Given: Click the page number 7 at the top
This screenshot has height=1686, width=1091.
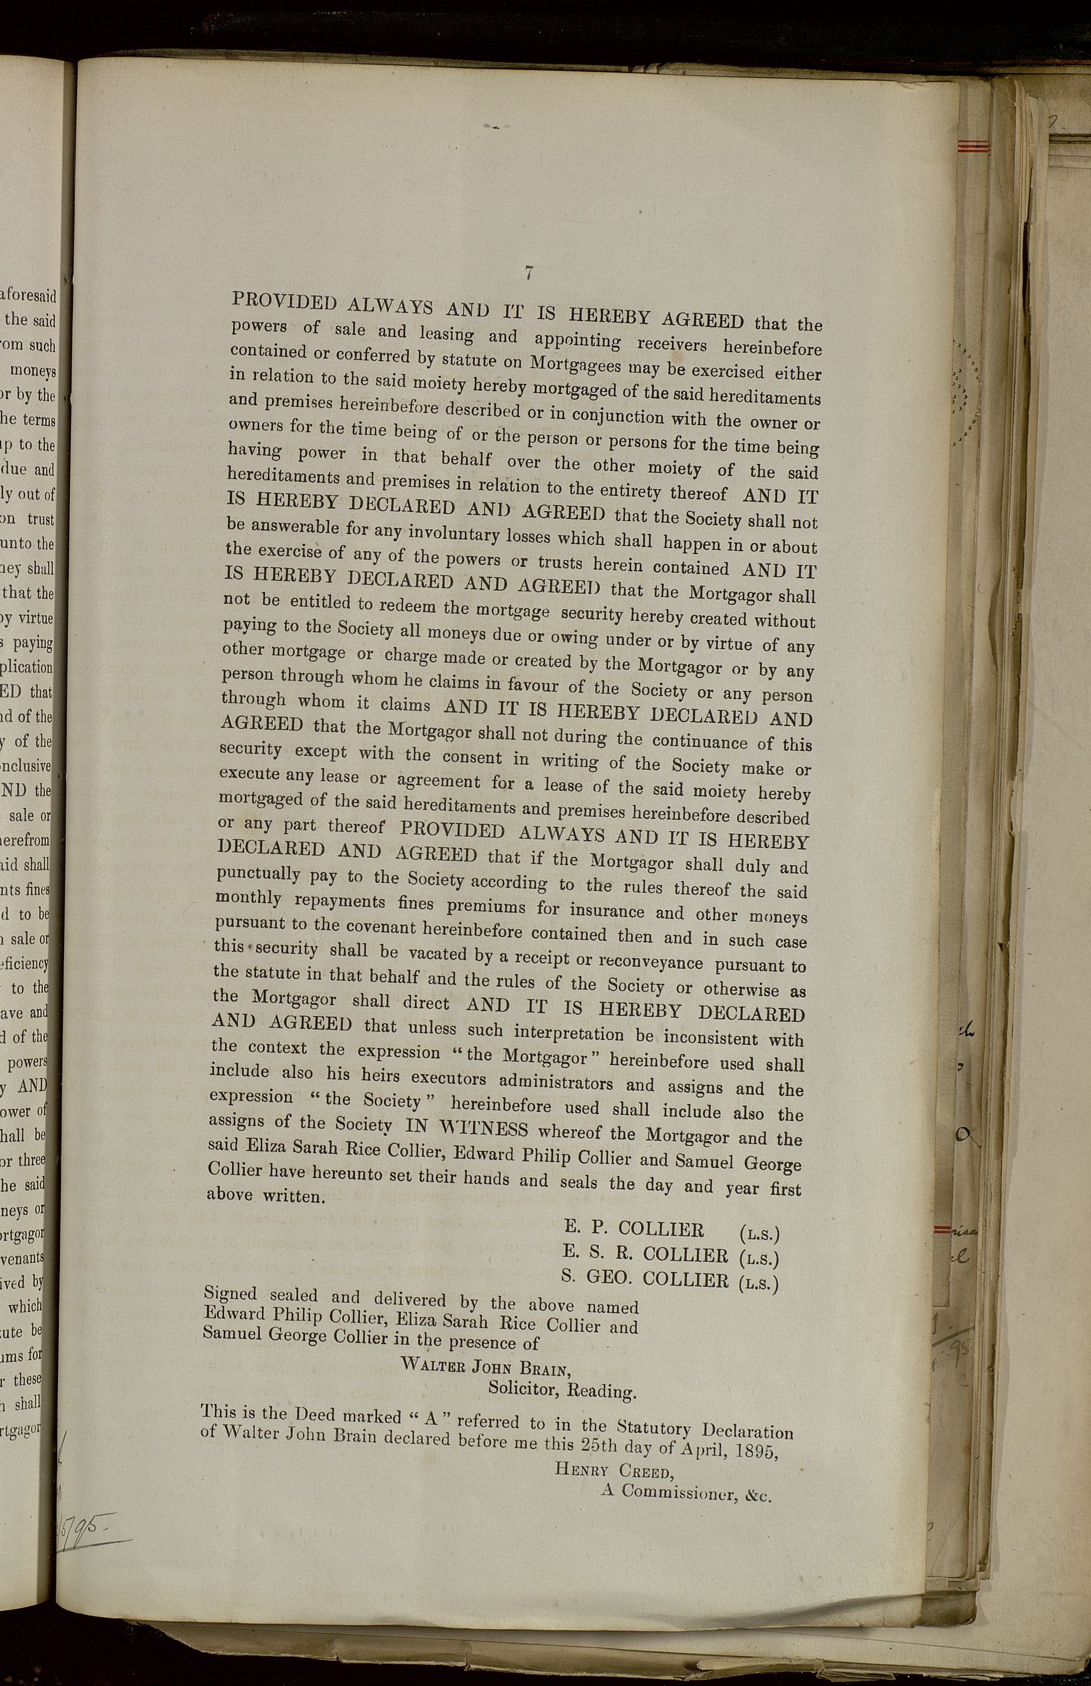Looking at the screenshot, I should click(x=528, y=272).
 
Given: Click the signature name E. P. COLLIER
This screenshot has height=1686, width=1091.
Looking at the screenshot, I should click(x=634, y=1229).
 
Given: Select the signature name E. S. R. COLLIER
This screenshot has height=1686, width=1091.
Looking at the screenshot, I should click(x=645, y=1254).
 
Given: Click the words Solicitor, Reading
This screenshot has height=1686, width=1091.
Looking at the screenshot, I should click(x=563, y=1390).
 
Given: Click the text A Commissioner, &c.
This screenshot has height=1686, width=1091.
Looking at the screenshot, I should click(x=685, y=1495).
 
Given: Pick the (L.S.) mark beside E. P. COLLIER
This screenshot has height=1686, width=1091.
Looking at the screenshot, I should click(x=758, y=1234).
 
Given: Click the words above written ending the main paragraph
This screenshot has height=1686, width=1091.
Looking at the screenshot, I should click(x=266, y=1197).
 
